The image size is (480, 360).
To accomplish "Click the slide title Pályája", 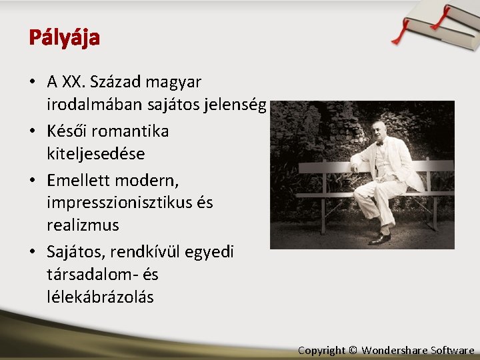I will click(x=64, y=38).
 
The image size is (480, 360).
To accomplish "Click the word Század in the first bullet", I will click(x=117, y=82).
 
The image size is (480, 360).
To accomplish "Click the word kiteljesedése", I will click(x=96, y=153).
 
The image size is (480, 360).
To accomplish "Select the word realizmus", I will click(x=83, y=225).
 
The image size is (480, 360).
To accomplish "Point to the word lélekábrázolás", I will click(x=100, y=297).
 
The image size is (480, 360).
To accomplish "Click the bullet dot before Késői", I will click(x=33, y=131).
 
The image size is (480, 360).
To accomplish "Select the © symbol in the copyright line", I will click(x=353, y=350).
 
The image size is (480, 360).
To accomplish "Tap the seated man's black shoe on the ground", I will click(x=379, y=238).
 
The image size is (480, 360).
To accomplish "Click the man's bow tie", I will click(x=379, y=143).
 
